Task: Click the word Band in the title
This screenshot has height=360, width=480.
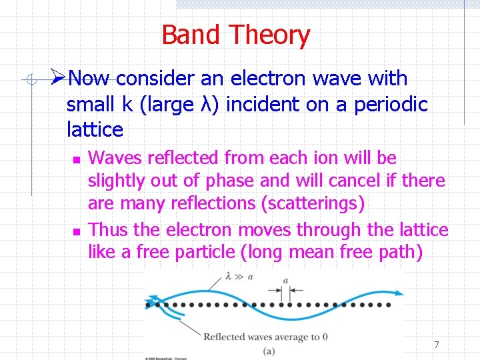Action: [190, 35]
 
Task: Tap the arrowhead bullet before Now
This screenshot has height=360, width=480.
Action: [59, 78]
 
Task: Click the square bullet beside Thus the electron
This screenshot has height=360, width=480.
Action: [76, 231]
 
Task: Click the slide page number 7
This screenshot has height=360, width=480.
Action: [436, 345]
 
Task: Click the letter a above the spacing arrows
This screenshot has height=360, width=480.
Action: [285, 280]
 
